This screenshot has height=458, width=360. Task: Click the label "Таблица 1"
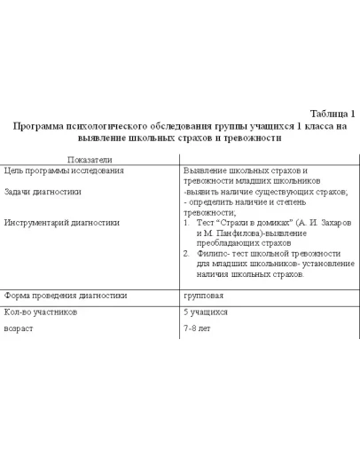pyautogui.click(x=332, y=114)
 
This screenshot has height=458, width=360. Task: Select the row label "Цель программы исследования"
pyautogui.click(x=64, y=170)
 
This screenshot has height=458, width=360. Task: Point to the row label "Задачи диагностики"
pyautogui.click(x=43, y=191)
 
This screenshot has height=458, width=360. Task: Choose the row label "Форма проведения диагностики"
pyautogui.click(x=66, y=296)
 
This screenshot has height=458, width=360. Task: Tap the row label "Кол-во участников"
pyautogui.click(x=40, y=312)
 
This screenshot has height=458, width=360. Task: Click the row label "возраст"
pyautogui.click(x=19, y=328)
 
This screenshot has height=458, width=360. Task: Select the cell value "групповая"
pyautogui.click(x=203, y=296)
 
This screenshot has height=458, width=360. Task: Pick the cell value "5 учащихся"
pyautogui.click(x=206, y=312)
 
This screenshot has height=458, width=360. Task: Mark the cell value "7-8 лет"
pyautogui.click(x=197, y=328)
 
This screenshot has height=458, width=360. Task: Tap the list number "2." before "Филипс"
pyautogui.click(x=187, y=254)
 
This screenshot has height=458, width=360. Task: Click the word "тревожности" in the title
pyautogui.click(x=251, y=138)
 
